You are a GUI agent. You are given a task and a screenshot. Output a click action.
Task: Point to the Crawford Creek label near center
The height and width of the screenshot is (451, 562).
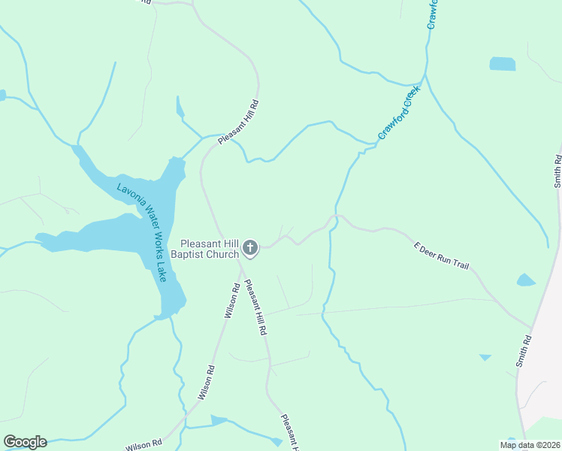399,114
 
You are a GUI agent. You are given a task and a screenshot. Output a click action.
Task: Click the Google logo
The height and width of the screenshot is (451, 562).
25,442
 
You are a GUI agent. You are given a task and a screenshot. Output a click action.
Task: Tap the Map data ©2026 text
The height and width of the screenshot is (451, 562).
530,445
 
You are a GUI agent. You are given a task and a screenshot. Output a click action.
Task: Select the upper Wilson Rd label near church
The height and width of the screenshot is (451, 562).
232,300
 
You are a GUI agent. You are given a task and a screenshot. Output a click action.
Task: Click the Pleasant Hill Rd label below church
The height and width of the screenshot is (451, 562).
256,307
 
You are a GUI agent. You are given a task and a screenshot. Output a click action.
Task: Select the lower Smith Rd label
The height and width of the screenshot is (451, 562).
524,351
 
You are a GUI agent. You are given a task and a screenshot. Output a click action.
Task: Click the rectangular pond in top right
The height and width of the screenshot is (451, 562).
503,64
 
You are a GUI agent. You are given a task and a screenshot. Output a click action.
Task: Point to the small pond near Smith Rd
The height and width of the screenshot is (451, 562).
526,280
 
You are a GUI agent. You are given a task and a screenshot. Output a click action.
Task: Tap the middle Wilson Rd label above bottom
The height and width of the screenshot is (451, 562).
207,382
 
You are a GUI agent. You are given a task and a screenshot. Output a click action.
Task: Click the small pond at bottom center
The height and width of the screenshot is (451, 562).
219,419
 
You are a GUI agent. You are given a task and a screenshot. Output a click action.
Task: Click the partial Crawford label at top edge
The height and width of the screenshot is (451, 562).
433,14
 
